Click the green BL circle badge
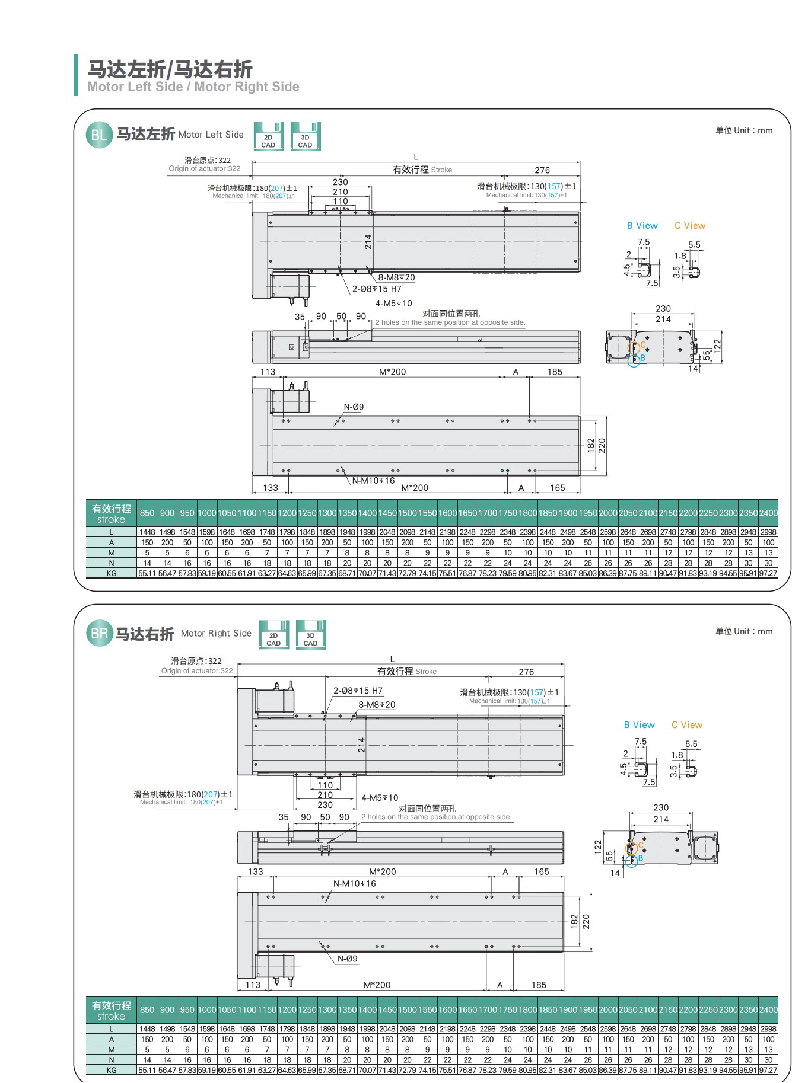click(x=98, y=135)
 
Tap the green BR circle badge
click(x=98, y=634)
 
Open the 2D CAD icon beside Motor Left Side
click(x=268, y=136)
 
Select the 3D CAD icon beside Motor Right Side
click(x=311, y=634)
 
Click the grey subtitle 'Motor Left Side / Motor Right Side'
click(x=193, y=87)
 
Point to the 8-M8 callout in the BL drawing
click(x=396, y=277)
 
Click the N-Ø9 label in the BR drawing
click(x=348, y=959)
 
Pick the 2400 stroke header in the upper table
click(x=768, y=513)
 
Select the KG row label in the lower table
click(x=112, y=1070)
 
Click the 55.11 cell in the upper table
click(x=147, y=573)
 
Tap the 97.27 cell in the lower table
click(x=768, y=1070)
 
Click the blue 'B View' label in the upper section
click(x=642, y=226)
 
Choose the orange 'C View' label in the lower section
click(x=687, y=725)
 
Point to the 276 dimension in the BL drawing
click(x=542, y=170)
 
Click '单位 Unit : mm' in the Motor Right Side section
click(x=744, y=631)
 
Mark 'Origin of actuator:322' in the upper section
click(x=205, y=168)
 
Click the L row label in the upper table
click(x=112, y=532)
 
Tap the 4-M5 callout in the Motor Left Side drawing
click(x=393, y=303)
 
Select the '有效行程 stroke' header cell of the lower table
click(x=112, y=1011)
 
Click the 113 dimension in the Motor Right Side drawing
click(x=253, y=985)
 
